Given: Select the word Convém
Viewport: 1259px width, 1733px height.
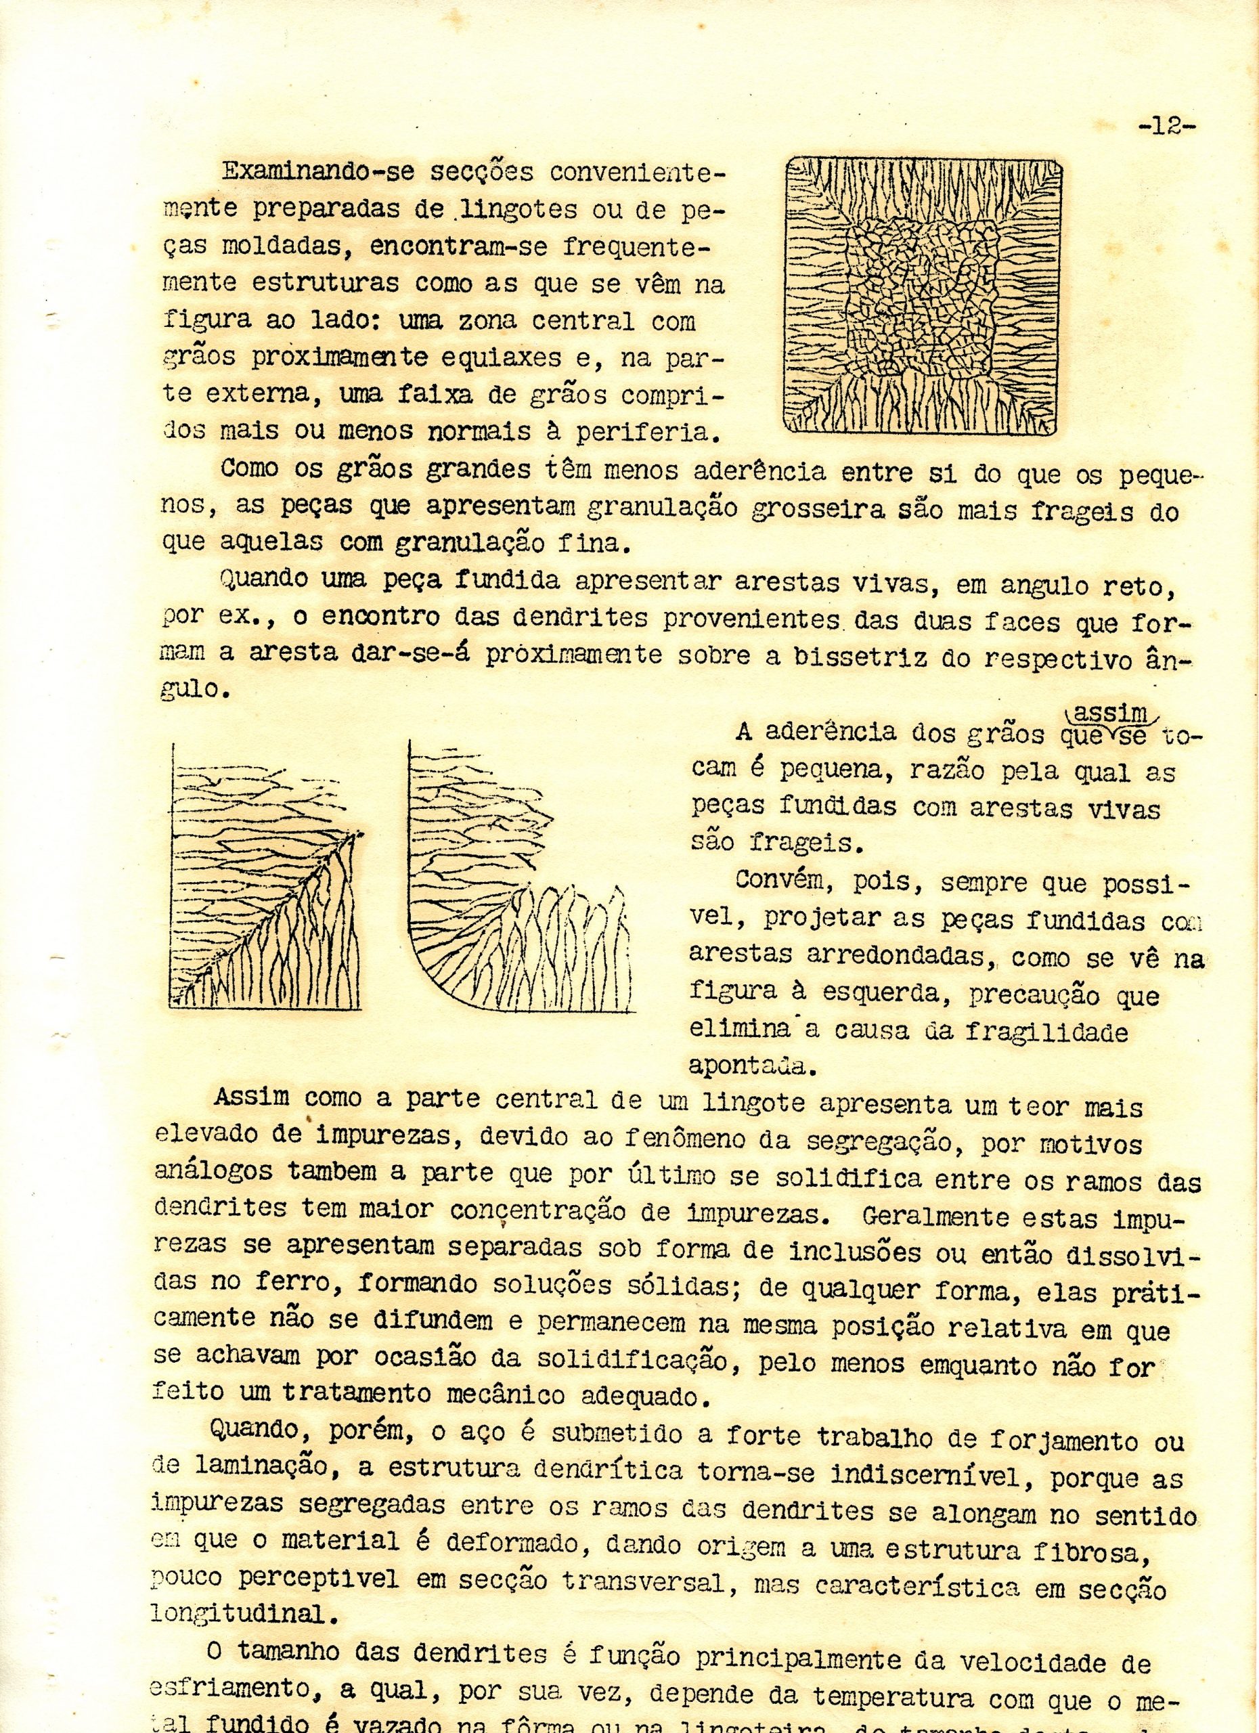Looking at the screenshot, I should tap(783, 879).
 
